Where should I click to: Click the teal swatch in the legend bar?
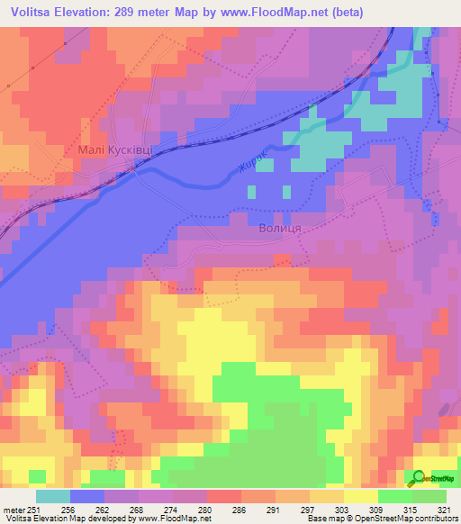pos(53,497)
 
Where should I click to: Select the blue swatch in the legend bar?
pos(88,497)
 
